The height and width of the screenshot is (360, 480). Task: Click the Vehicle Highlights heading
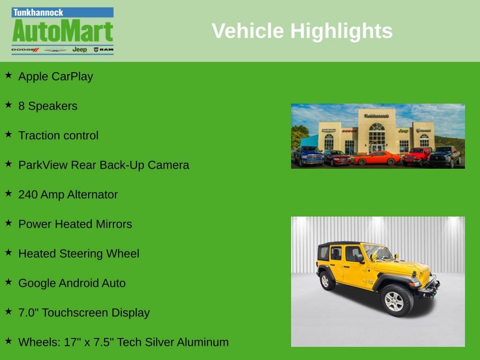302,31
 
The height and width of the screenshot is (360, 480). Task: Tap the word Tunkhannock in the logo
38,13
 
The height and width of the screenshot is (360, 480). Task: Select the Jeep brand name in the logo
79,49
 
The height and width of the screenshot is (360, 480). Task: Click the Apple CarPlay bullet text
55,76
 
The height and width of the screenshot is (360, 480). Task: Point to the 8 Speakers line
47,106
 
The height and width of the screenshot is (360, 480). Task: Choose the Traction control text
58,135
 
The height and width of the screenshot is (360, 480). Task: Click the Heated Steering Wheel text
78,254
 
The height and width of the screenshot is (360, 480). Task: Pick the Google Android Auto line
72,283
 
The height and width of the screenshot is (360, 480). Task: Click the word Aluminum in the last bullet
202,342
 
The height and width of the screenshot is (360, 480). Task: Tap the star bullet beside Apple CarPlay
8,75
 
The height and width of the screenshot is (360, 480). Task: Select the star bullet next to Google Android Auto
8,282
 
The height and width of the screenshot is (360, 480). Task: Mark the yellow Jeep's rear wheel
325,281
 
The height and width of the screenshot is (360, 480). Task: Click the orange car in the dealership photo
377,158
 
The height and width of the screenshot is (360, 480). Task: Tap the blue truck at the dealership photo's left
308,156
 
